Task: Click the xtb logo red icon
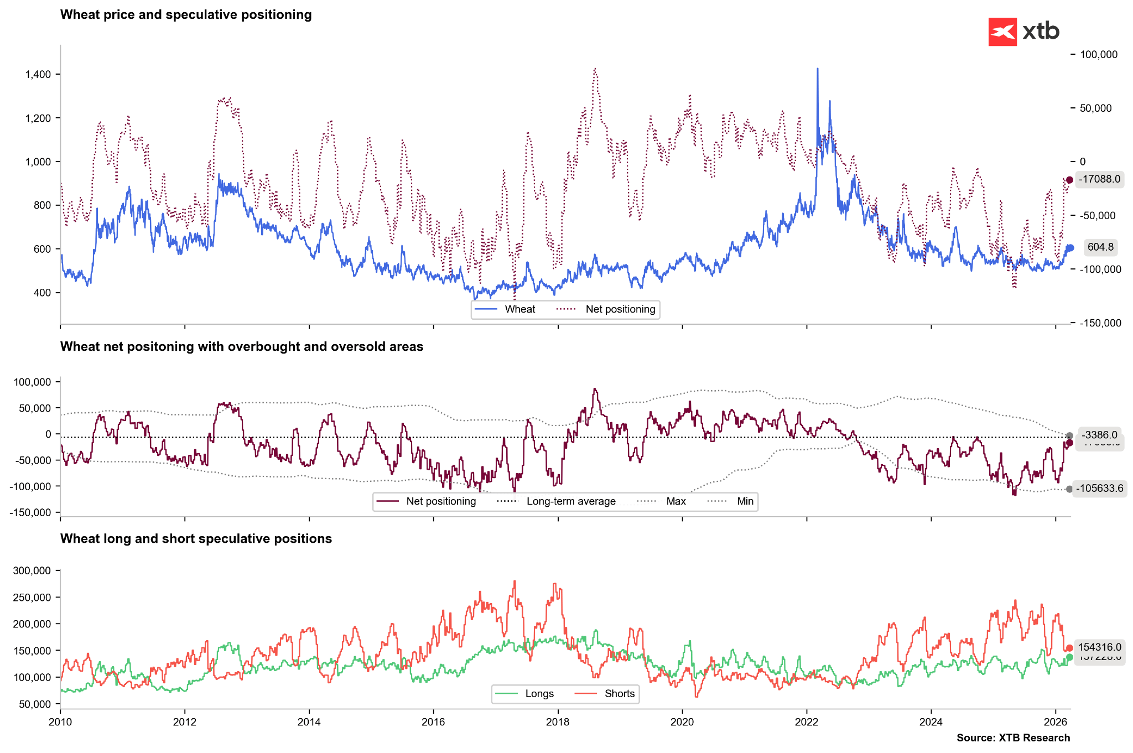point(1002,32)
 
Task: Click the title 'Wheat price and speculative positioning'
point(186,15)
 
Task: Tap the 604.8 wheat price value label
point(1100,247)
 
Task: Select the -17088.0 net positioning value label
point(1099,179)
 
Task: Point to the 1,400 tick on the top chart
point(38,75)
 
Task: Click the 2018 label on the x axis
point(558,722)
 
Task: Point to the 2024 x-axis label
point(931,722)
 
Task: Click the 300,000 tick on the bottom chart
point(32,571)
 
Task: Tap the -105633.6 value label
point(1099,489)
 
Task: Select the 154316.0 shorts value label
point(1099,647)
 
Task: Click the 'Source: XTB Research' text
point(1013,738)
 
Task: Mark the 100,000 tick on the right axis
point(1099,55)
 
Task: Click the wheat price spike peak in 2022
point(818,69)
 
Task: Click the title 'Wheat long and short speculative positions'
point(196,539)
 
